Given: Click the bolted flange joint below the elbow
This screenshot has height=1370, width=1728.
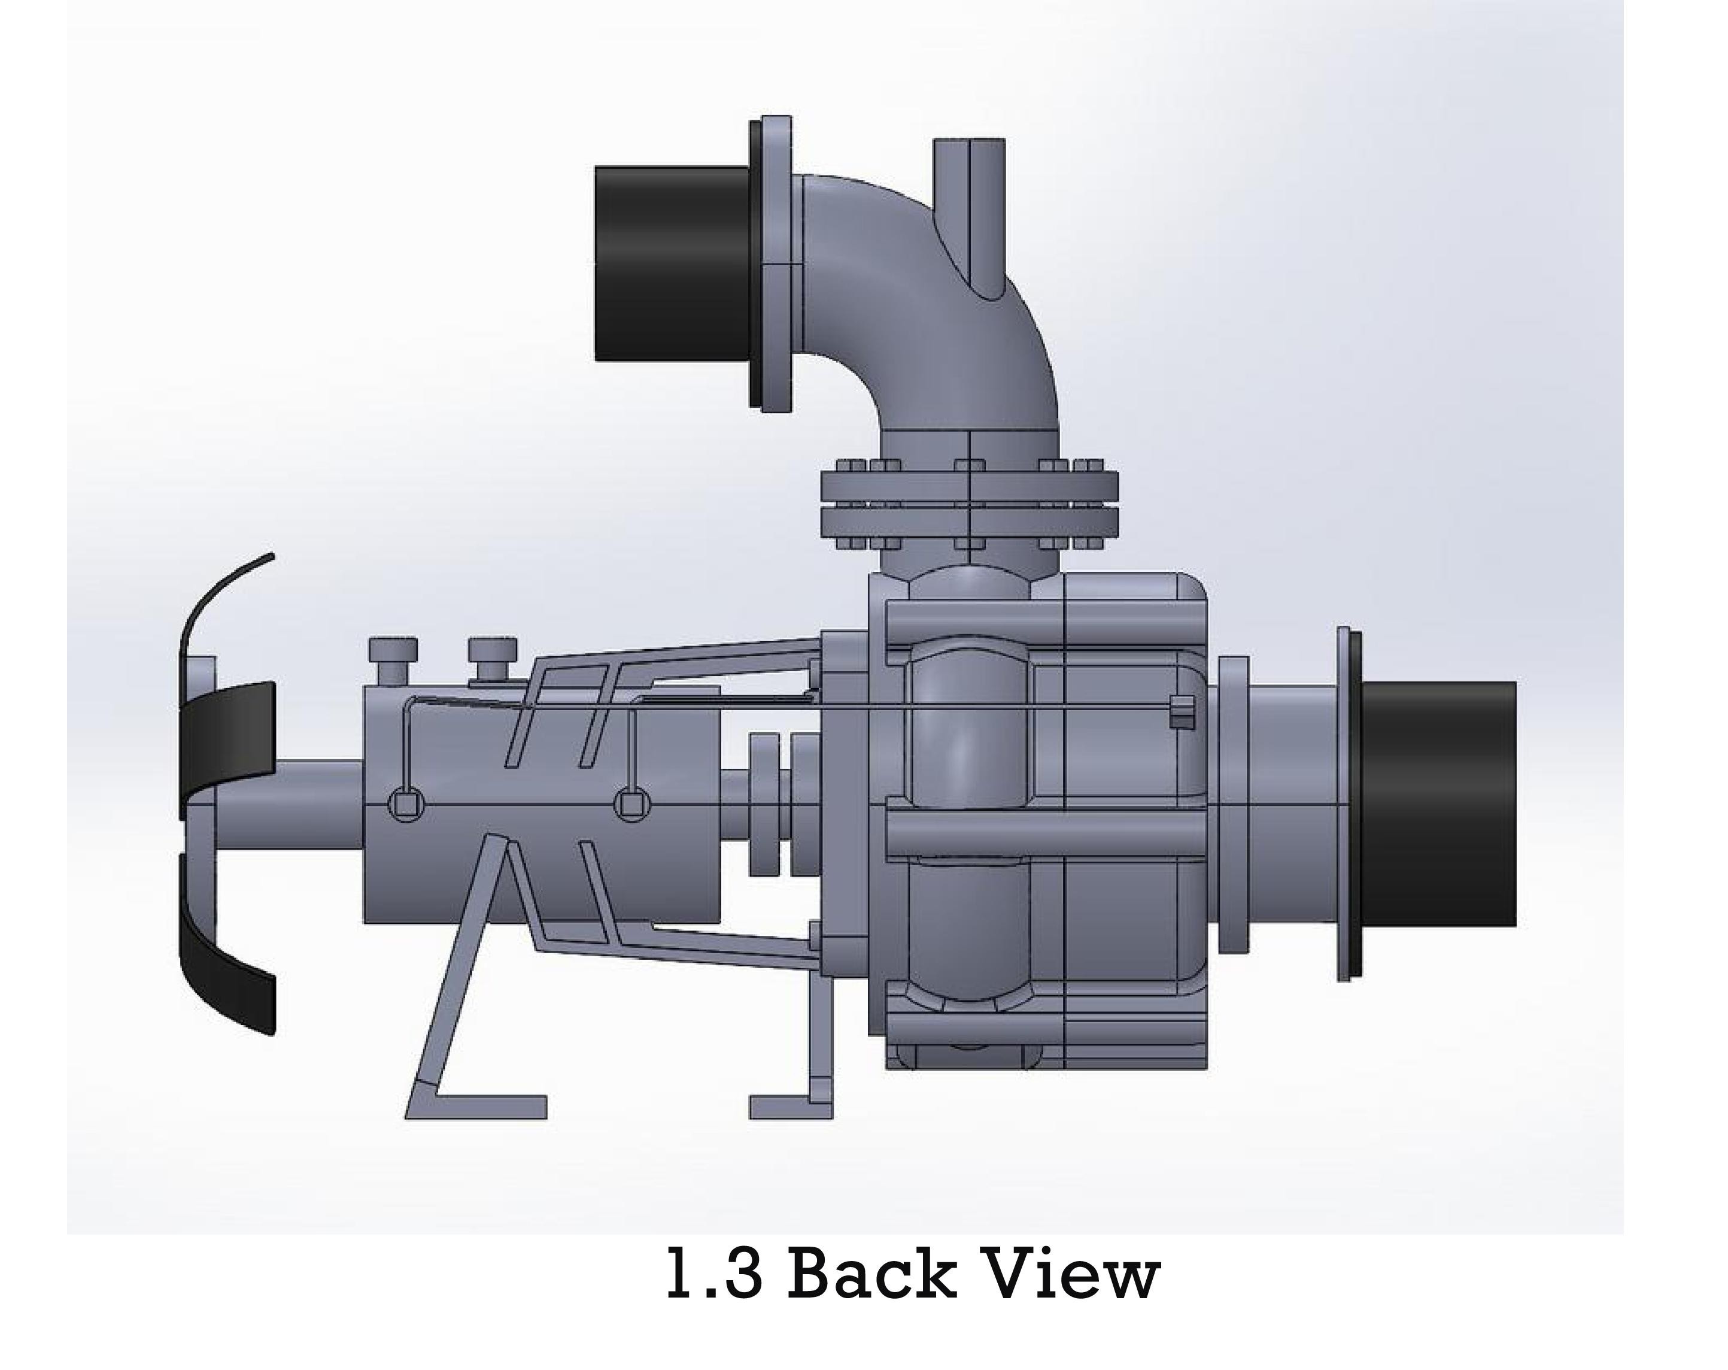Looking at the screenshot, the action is point(969,504).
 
